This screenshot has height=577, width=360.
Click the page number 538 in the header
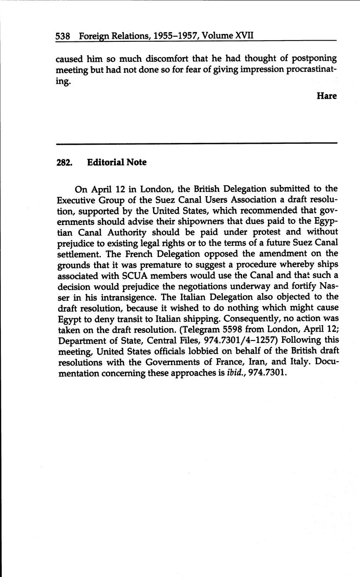pos(63,36)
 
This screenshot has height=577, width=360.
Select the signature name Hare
pos(327,96)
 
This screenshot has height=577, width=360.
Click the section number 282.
pos(64,162)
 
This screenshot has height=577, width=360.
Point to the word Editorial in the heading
pos(105,162)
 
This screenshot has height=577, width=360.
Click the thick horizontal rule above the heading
pos(197,143)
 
